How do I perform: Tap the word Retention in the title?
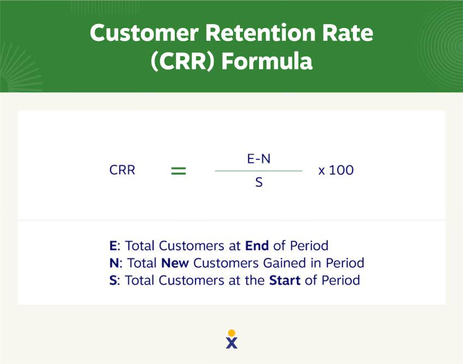263,34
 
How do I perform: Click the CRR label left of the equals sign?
122,170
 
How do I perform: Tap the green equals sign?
179,171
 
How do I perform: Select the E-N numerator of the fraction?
259,158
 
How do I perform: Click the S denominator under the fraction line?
259,183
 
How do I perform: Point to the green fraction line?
259,171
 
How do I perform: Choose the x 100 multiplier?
336,170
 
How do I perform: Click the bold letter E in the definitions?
113,245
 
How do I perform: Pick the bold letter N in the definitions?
114,263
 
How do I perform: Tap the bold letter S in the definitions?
113,281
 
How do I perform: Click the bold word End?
258,245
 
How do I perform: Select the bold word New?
175,263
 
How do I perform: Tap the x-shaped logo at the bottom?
231,343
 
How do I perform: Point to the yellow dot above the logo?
231,332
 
